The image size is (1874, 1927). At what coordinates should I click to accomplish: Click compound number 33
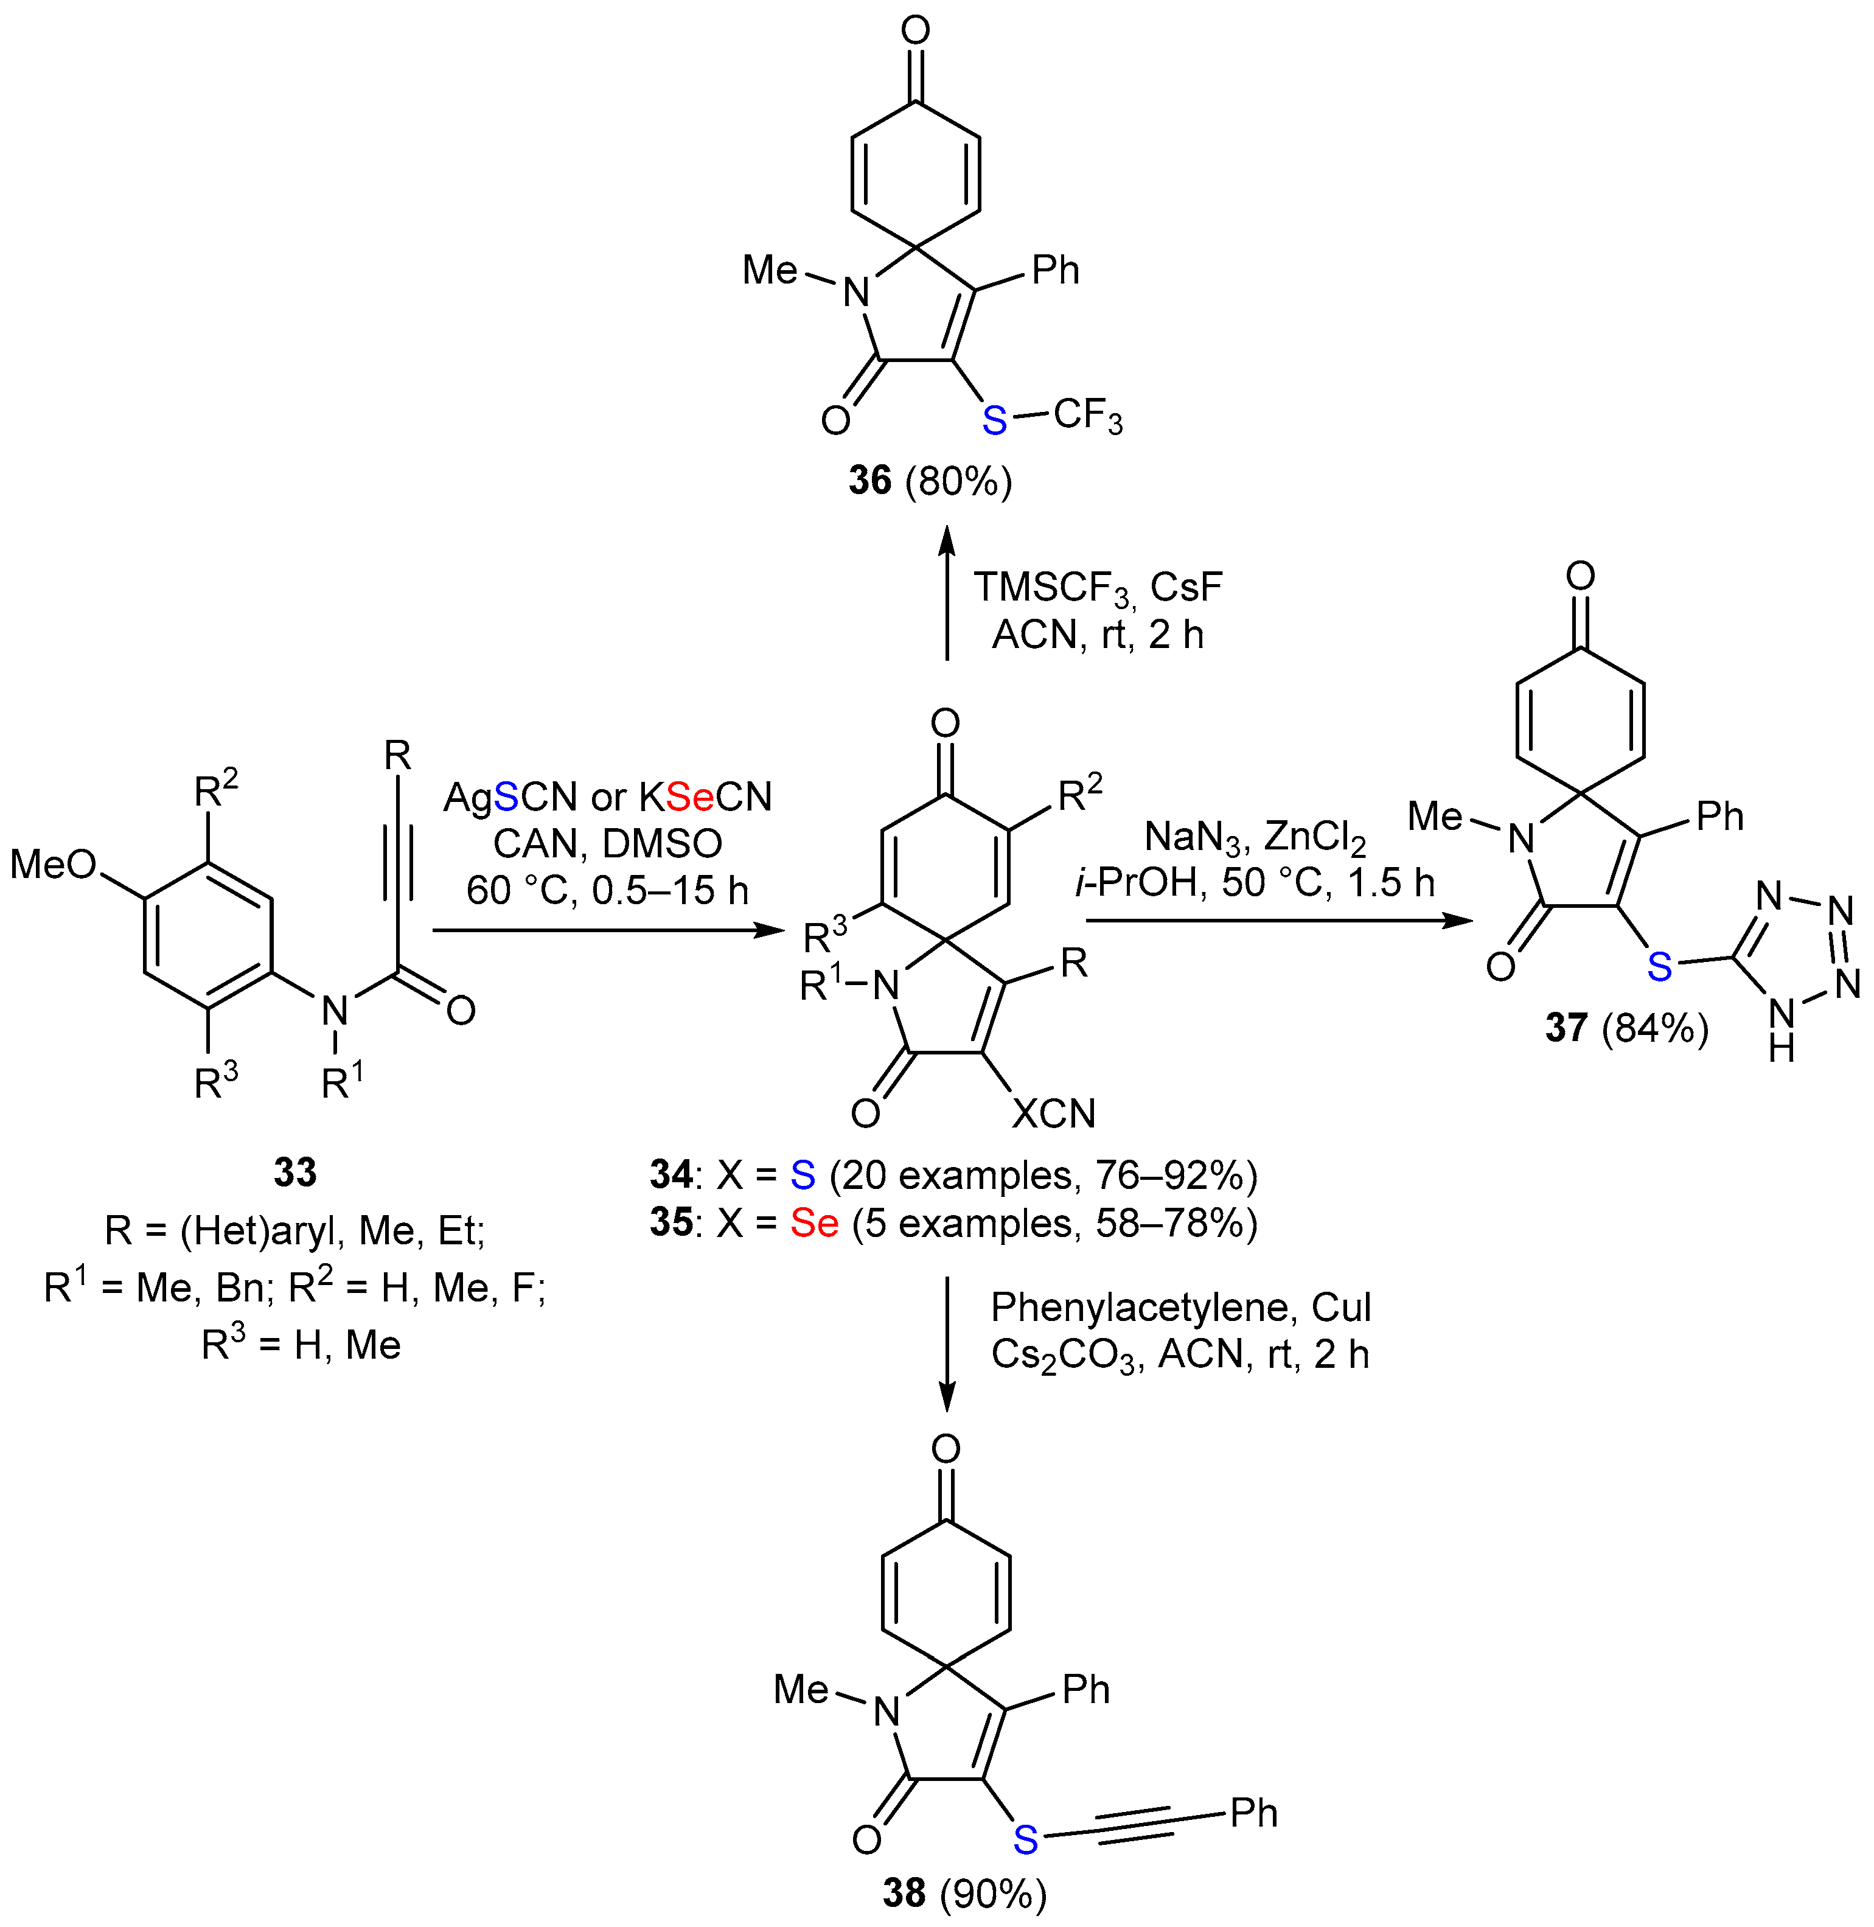294,1172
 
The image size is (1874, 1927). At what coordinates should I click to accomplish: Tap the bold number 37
1566,1028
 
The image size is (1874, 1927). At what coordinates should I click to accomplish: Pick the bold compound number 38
904,1892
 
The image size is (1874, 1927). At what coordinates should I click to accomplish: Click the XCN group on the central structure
1053,1113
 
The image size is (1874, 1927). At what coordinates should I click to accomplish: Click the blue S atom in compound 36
994,420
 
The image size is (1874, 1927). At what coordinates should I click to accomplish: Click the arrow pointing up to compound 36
946,590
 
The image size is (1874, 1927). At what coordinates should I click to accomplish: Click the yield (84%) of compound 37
1654,1028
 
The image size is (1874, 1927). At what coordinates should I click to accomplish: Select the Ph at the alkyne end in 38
1253,1813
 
